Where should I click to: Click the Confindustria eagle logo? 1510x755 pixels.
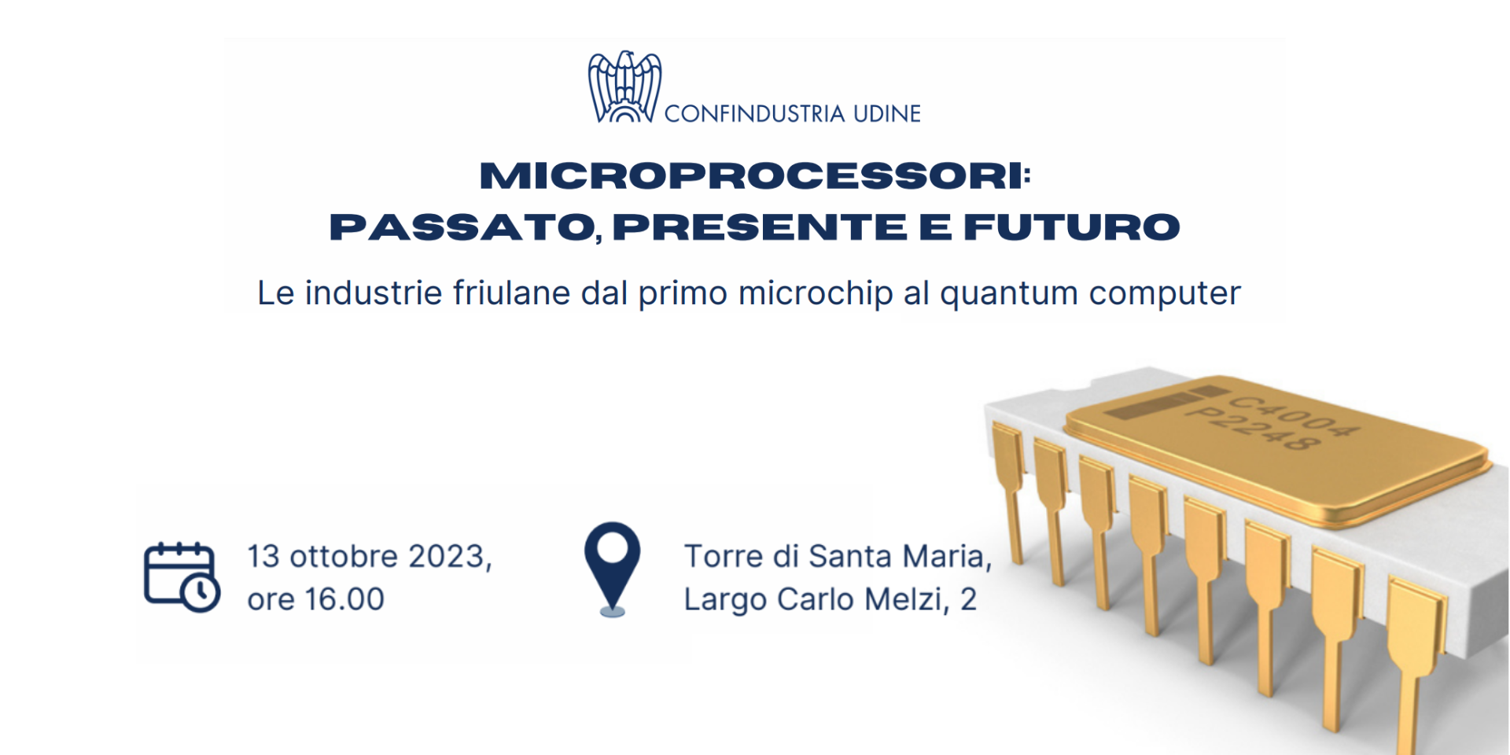point(625,87)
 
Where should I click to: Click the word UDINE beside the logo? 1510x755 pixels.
point(887,114)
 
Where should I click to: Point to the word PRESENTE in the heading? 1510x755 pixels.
point(760,227)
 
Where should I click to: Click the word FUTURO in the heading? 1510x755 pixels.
point(1072,227)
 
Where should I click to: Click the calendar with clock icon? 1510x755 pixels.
point(182,576)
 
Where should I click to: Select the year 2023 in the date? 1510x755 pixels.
point(450,557)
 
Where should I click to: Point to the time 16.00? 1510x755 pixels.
point(344,599)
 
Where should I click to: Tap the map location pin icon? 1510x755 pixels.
point(613,569)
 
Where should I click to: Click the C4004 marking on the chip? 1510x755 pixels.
point(1294,415)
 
